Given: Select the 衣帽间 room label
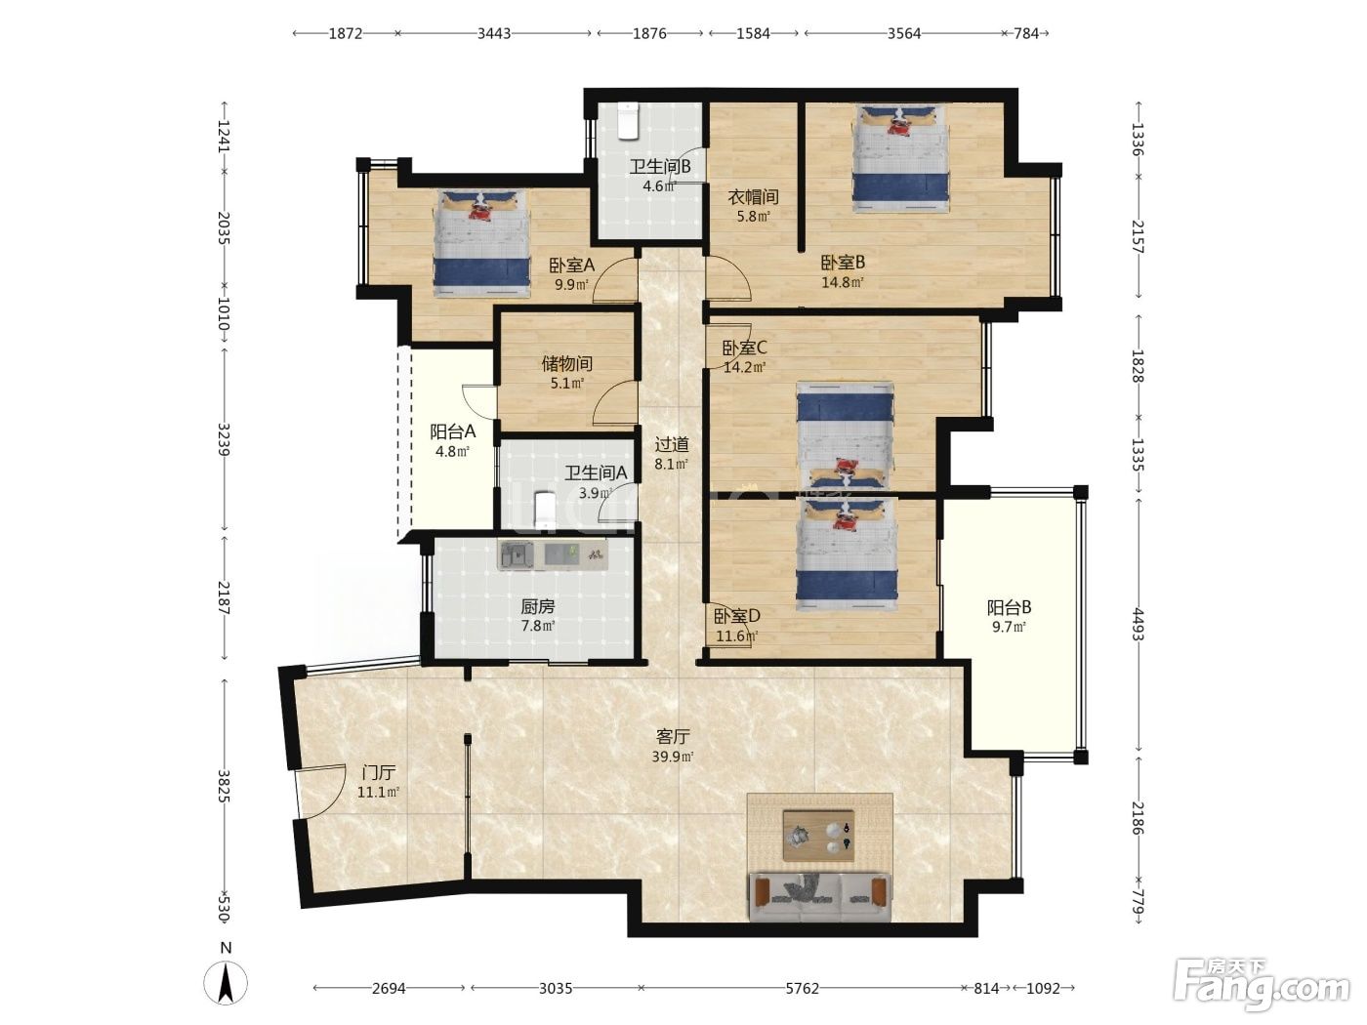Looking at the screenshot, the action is [x=754, y=197].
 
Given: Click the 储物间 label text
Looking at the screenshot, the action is [x=566, y=363].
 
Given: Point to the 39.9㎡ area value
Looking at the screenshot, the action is [x=673, y=758].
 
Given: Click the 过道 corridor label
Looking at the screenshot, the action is [x=672, y=444].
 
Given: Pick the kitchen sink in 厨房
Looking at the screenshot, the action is [x=516, y=554].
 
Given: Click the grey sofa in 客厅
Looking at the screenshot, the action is [x=819, y=897].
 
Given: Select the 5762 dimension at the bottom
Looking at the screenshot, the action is [x=802, y=988].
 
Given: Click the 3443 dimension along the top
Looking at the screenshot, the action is [x=494, y=33].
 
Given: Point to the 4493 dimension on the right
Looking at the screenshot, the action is [x=1138, y=624].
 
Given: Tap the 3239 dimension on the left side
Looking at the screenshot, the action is [x=224, y=439].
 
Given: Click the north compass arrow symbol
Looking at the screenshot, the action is [x=226, y=983].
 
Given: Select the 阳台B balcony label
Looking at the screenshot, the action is [x=1009, y=607].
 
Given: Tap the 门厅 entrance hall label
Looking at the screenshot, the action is [x=379, y=773].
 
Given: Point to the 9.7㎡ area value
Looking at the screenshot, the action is [x=1009, y=628].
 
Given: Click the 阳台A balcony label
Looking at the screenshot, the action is [x=453, y=431].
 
